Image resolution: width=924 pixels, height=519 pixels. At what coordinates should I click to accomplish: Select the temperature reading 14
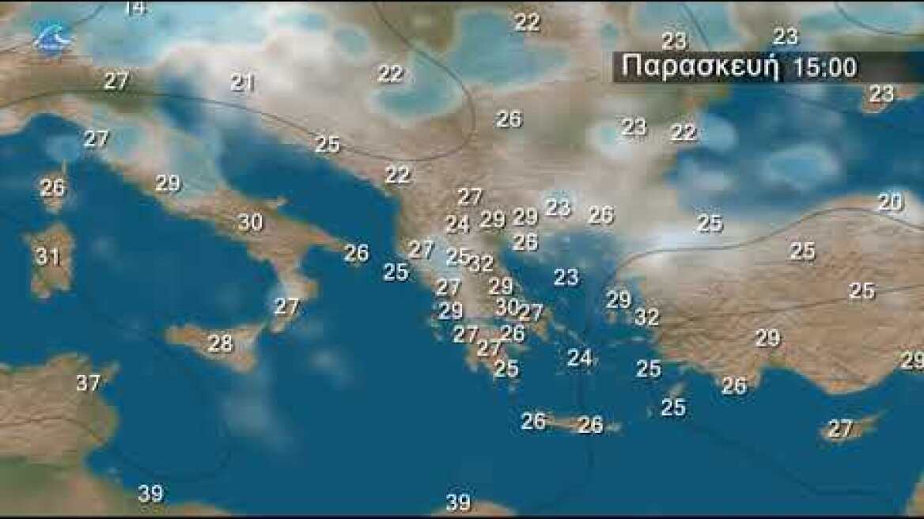135,9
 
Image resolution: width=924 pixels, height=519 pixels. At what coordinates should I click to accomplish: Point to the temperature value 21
242,81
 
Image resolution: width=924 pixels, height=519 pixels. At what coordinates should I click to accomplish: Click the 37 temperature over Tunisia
89,383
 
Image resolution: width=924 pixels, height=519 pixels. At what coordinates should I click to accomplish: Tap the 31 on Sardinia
47,256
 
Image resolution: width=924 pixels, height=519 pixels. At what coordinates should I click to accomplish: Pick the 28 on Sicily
221,343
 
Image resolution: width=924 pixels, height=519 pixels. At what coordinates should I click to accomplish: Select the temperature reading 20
890,203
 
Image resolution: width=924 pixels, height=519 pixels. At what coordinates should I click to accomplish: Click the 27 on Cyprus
839,429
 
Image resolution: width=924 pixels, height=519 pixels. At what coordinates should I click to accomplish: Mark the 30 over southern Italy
250,222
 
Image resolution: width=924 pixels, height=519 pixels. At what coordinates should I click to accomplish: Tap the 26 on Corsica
52,188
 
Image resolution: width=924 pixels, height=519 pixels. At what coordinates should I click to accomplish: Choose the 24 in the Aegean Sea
579,358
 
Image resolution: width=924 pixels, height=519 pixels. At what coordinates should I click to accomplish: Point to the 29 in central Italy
168,184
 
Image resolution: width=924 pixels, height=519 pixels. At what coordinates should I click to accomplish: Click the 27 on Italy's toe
286,306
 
